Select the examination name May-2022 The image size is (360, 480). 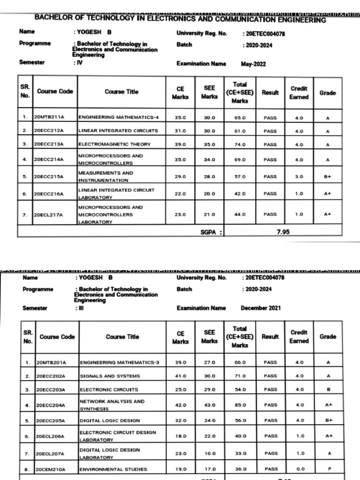click(x=253, y=64)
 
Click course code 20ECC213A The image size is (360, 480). click(x=49, y=145)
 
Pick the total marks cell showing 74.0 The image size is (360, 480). click(x=240, y=145)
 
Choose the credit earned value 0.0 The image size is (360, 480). click(x=300, y=469)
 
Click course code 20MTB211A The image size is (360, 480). click(x=49, y=117)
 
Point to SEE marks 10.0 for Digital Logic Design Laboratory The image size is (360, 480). click(x=210, y=453)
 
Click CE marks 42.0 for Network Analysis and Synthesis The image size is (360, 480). click(x=180, y=405)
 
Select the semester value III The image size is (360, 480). click(x=79, y=308)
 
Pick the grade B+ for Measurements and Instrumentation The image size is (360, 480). click(x=328, y=177)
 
